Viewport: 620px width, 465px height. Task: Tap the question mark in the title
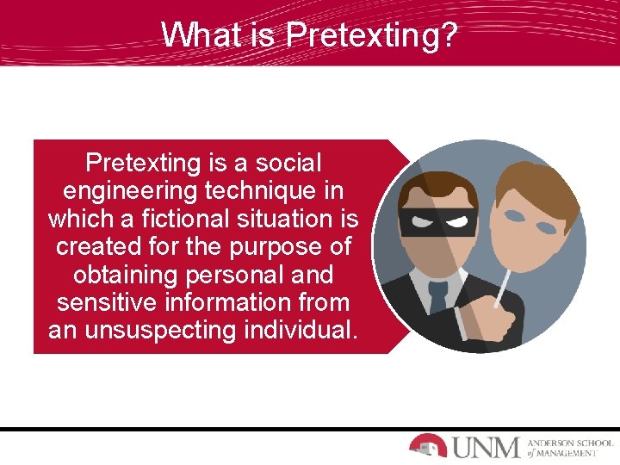click(449, 35)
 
